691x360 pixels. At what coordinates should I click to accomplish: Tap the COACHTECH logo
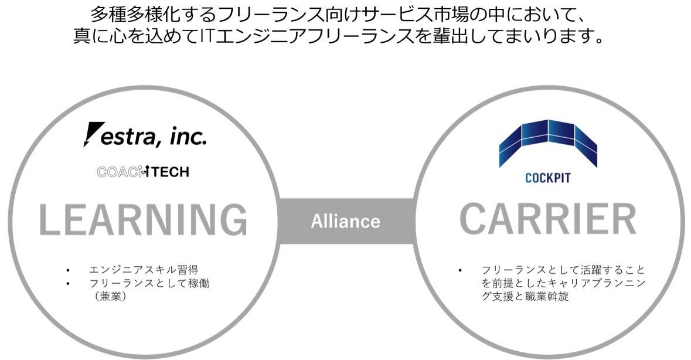143,172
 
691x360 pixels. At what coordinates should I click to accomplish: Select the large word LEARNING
142,220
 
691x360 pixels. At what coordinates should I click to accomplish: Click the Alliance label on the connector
345,222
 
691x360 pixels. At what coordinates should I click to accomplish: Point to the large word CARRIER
547,220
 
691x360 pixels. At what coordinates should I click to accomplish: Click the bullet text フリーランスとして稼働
149,283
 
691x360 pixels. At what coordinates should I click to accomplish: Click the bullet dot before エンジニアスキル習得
69,270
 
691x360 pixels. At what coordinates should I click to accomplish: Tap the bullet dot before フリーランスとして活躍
460,270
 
